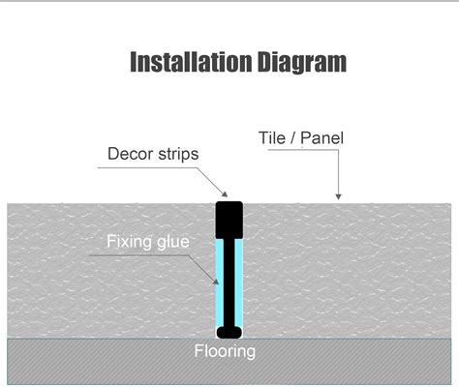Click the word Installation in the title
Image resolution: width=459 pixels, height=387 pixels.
coord(191,62)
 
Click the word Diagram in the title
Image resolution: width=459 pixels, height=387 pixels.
coord(302,62)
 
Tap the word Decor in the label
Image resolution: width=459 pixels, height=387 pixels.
coord(131,154)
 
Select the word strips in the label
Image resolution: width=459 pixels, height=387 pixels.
coord(178,155)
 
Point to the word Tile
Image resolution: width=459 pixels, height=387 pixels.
coord(272,138)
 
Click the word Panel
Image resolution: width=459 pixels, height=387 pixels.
coord(321,138)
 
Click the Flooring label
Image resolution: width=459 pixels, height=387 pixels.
coord(225,351)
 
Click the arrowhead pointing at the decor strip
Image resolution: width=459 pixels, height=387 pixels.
coord(225,193)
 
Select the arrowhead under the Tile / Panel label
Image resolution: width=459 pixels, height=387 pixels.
coord(338,196)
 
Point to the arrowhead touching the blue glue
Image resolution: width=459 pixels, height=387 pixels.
coord(216,282)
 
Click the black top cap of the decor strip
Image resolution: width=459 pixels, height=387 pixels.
coord(229,220)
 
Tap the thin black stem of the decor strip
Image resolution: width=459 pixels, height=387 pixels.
coord(229,283)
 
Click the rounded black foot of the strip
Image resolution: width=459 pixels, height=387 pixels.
coord(229,332)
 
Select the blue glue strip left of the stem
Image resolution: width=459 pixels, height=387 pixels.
coord(220,283)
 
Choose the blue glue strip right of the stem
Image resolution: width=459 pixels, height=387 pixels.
coord(239,283)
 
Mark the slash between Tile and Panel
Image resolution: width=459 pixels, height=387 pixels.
coord(292,138)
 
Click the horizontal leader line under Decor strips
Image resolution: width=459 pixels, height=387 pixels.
coord(147,167)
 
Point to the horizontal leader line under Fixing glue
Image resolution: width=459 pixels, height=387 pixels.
coord(138,255)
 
